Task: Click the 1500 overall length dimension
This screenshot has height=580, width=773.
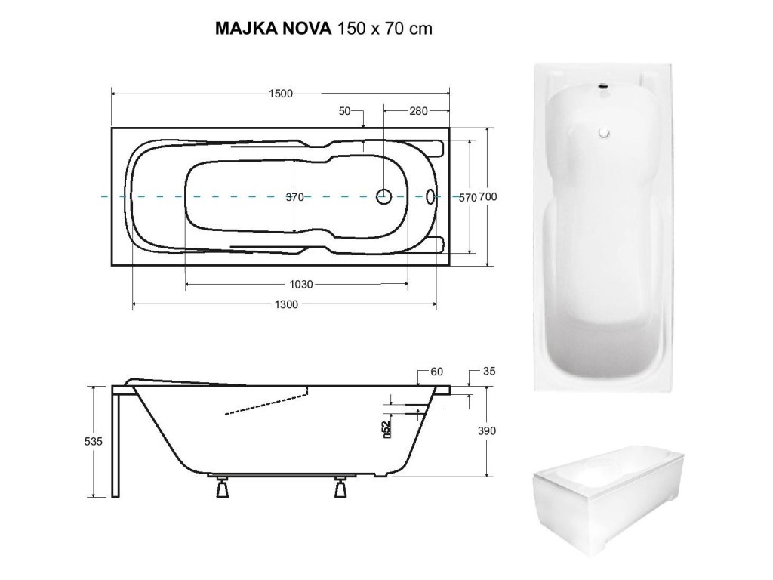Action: tap(281, 93)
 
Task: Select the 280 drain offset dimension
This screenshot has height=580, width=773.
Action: tap(418, 111)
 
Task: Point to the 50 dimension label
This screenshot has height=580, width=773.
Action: tap(344, 111)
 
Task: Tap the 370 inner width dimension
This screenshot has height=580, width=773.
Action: tap(295, 197)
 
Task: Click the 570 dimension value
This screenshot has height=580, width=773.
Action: tap(467, 197)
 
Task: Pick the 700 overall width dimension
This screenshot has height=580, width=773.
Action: tap(488, 197)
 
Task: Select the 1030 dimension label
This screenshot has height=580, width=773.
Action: tap(300, 285)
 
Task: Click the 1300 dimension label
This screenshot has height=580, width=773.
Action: tap(286, 305)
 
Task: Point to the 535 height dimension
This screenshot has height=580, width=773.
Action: tap(93, 441)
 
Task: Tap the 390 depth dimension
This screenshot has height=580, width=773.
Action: tap(487, 431)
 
